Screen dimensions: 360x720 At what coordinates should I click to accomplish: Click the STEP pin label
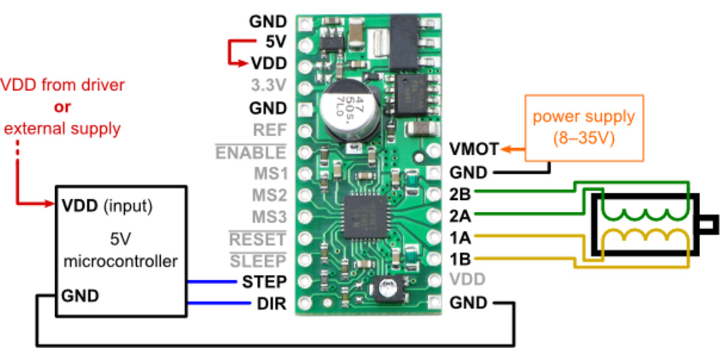click(x=264, y=281)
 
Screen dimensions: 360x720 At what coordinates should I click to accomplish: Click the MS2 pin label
click(x=269, y=195)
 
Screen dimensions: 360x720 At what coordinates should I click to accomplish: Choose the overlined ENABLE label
click(x=251, y=152)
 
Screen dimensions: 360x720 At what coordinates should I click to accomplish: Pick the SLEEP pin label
click(x=258, y=261)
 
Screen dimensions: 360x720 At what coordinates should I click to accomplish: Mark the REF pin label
click(x=270, y=130)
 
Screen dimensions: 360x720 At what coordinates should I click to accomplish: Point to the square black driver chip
click(x=361, y=213)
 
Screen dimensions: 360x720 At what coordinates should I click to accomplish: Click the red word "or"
click(x=62, y=107)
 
